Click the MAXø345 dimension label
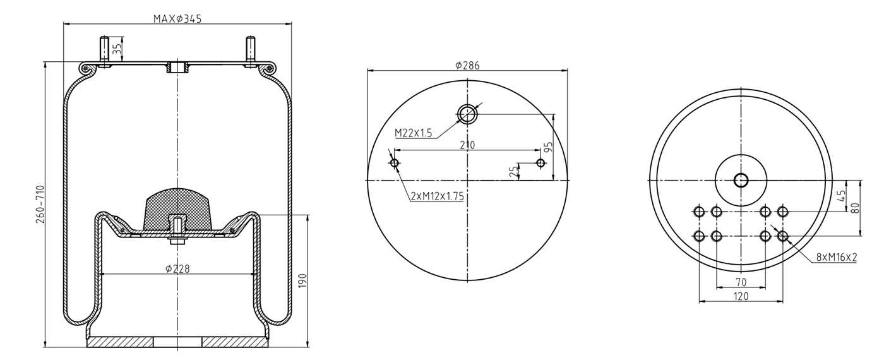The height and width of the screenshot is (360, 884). (177, 18)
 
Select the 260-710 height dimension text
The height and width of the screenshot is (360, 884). (40, 204)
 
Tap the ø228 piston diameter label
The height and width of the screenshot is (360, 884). (177, 269)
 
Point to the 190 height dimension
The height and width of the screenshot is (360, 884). (302, 280)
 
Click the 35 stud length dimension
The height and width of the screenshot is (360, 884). (117, 49)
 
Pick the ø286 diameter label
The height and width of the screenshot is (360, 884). (467, 66)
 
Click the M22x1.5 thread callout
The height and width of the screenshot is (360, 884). (413, 133)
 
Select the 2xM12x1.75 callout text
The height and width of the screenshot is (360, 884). (437, 196)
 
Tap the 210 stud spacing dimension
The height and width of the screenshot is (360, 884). (467, 145)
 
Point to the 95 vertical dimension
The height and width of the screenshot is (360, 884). (548, 147)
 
